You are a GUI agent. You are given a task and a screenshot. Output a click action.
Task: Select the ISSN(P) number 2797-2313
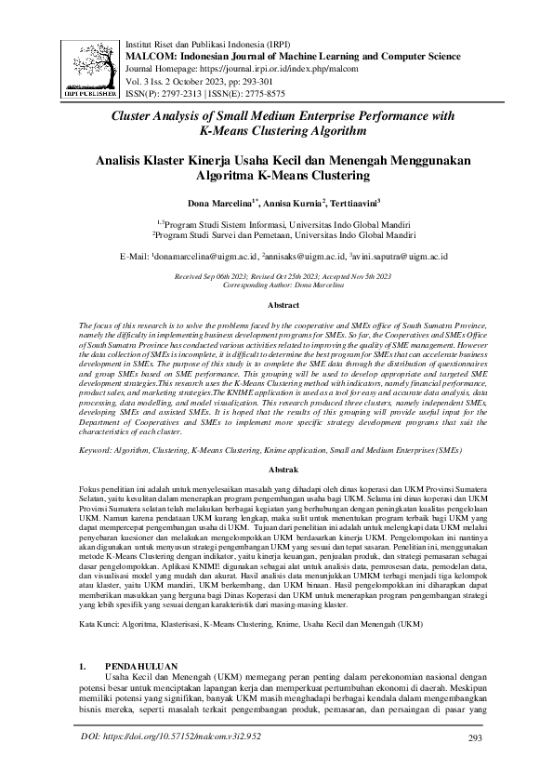(x=191, y=93)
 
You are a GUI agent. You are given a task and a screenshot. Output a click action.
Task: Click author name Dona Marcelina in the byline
(x=223, y=203)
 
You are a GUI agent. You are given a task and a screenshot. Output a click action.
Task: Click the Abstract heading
(x=283, y=305)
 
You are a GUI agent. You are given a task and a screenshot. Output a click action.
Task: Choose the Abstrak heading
(x=283, y=471)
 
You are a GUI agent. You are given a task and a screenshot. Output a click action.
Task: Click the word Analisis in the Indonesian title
(x=151, y=160)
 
